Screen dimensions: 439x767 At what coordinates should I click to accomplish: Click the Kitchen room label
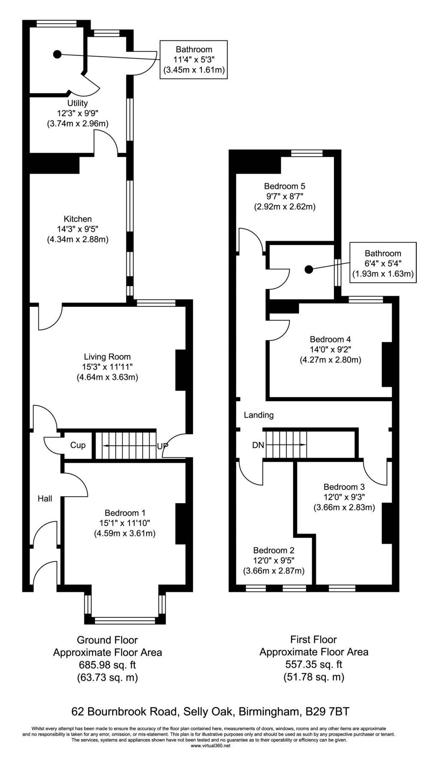pyautogui.click(x=78, y=219)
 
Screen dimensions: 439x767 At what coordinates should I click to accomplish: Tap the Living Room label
pyautogui.click(x=107, y=356)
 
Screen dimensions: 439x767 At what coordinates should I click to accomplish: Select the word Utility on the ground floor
pyautogui.click(x=78, y=103)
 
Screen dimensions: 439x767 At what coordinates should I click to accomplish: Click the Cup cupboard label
pyautogui.click(x=78, y=445)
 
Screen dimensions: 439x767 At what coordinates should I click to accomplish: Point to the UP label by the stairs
pyautogui.click(x=162, y=446)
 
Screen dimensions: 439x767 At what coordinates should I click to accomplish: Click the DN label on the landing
pyautogui.click(x=258, y=445)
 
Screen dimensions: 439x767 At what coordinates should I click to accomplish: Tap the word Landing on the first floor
pyautogui.click(x=259, y=415)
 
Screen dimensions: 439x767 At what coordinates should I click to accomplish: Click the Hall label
pyautogui.click(x=45, y=498)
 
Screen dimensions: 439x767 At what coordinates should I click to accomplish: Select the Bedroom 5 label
pyautogui.click(x=285, y=186)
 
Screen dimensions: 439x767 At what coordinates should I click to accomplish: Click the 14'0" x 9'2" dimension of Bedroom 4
pyautogui.click(x=330, y=350)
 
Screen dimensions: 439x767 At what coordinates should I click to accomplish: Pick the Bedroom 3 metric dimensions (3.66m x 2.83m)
pyautogui.click(x=344, y=507)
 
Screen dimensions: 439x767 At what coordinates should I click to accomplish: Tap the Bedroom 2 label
pyautogui.click(x=274, y=550)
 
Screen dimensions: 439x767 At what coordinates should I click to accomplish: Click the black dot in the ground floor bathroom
pyautogui.click(x=57, y=54)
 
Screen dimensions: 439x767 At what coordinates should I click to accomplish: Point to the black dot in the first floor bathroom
pyautogui.click(x=308, y=269)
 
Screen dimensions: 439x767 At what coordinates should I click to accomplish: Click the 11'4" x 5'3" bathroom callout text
pyautogui.click(x=194, y=60)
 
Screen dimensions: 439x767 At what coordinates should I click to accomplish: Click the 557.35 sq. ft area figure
pyautogui.click(x=314, y=664)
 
